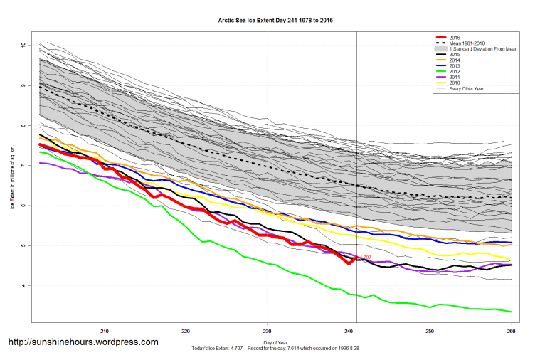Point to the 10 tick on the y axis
point(23,45)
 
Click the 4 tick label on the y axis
point(23,286)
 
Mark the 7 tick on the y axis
point(23,166)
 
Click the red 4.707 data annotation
point(364,257)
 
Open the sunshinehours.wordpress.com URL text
point(83,342)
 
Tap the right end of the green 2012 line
point(511,312)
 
